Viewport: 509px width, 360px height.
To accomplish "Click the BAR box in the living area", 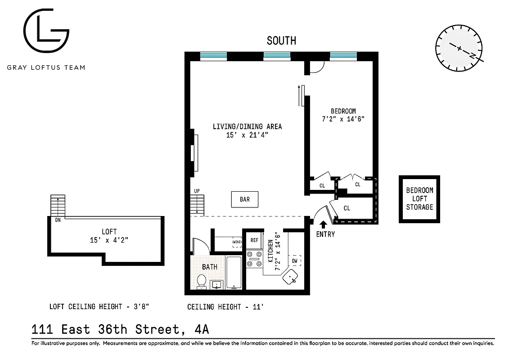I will tap(245, 199).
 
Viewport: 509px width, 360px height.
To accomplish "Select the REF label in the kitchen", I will tap(254, 240).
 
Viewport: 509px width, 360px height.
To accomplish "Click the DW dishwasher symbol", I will tap(295, 261).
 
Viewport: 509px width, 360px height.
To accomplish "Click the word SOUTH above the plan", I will tap(281, 40).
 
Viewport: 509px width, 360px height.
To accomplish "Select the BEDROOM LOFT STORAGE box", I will tap(419, 199).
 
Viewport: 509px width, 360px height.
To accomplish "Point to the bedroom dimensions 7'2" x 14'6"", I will tap(343, 119).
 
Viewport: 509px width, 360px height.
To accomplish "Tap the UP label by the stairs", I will tap(197, 191).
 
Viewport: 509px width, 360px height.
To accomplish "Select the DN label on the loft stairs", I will tap(58, 220).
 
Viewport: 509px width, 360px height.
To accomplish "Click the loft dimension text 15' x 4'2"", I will tap(109, 240).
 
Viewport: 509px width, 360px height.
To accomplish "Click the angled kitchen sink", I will tap(290, 278).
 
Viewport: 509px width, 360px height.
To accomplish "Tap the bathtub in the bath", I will tap(234, 273).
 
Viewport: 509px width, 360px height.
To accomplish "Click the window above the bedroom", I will tap(343, 56).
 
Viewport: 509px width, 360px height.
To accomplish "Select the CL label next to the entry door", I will tap(347, 208).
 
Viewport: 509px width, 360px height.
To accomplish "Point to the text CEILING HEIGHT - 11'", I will tap(225, 307).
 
